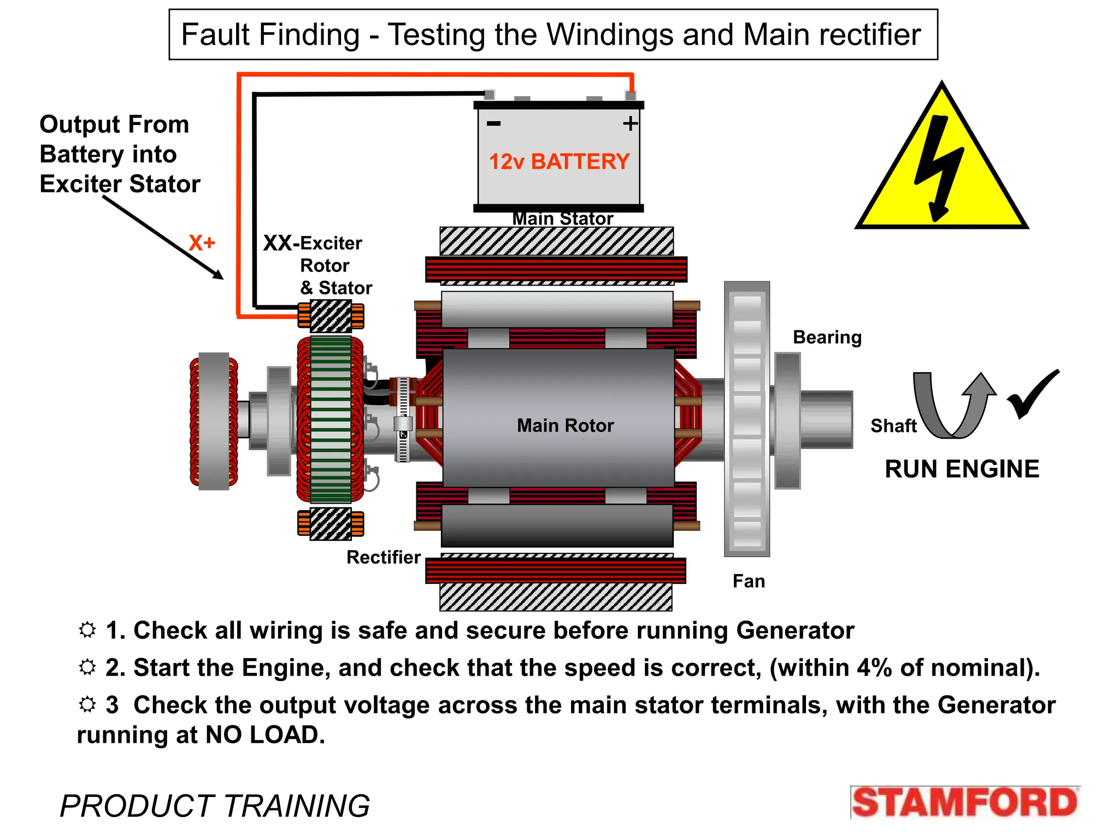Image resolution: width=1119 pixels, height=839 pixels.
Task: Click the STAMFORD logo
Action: pos(965,802)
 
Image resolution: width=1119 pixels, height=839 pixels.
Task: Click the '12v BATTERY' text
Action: pos(559,162)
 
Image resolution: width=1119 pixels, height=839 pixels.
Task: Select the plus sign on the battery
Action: pos(630,123)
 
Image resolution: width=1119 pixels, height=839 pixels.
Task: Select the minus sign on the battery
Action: pos(493,123)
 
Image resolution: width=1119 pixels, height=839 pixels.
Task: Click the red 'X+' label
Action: pos(202,243)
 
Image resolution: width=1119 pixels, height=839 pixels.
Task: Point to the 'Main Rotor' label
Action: pos(565,426)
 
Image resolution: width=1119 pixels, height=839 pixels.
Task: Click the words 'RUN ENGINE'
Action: pos(962,469)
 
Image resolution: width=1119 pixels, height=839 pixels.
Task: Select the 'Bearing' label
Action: pos(827,338)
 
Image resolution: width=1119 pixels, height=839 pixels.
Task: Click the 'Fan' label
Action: pos(749,581)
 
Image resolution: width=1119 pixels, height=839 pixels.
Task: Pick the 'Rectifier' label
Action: pos(384,557)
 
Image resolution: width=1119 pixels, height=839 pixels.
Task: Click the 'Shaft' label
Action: pos(893,426)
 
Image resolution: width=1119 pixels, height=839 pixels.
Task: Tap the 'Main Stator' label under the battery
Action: pos(562,219)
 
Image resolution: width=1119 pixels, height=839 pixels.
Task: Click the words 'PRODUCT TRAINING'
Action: pos(215,806)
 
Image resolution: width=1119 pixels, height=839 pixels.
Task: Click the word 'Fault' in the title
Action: pos(215,35)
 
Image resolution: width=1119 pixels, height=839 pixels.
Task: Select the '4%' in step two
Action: pos(874,668)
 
